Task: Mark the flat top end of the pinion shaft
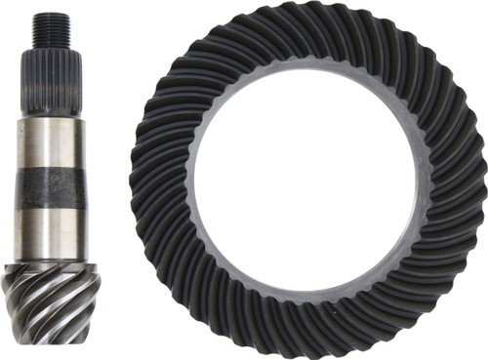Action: [x=50, y=15]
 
